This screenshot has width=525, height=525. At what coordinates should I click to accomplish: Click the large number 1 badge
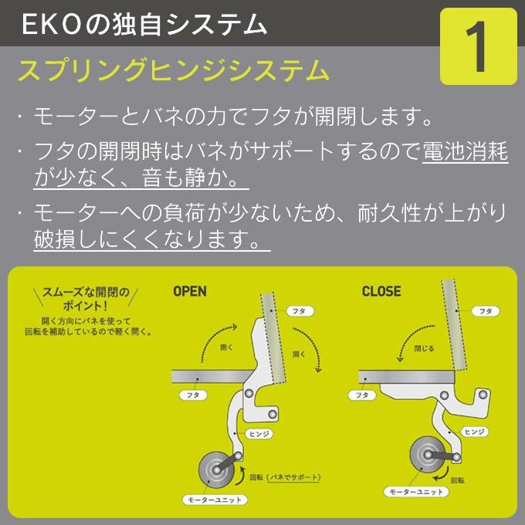(478, 46)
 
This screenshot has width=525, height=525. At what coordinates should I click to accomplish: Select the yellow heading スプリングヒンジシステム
(173, 71)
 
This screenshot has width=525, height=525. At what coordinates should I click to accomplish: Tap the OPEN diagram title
(189, 292)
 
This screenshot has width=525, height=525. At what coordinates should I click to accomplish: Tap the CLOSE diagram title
(381, 292)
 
